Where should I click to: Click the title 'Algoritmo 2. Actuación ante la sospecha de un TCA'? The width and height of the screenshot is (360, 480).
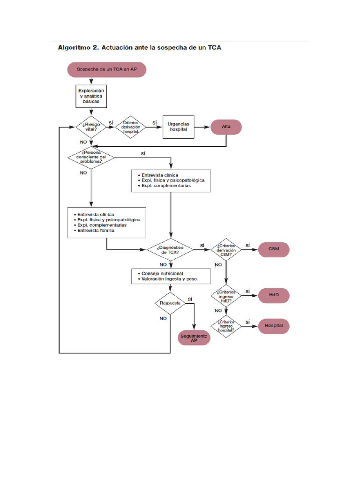tap(139, 47)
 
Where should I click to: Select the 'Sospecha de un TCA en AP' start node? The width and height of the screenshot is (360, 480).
tap(107, 70)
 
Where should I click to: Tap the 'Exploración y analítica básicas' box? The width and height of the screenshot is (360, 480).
tap(91, 95)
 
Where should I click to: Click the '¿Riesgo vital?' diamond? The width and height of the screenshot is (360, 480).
tap(92, 127)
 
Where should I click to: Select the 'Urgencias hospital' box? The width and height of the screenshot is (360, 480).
tap(178, 127)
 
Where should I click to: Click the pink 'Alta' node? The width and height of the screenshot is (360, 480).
tap(226, 127)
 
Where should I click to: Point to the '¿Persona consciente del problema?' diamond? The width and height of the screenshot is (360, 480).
tap(92, 157)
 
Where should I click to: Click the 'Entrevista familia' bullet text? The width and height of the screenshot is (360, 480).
tap(96, 231)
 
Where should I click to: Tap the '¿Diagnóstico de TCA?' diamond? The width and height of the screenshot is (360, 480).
tap(170, 249)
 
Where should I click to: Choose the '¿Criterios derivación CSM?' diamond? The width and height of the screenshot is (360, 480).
tap(226, 249)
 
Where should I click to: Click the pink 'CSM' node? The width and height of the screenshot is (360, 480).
tap(274, 249)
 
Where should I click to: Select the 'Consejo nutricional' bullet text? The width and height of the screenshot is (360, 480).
tap(160, 273)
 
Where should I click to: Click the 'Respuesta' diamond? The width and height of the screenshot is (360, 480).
tap(170, 303)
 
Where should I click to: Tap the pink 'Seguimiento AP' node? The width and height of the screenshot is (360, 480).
tap(194, 338)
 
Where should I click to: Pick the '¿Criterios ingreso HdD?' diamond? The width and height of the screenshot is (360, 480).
tap(226, 296)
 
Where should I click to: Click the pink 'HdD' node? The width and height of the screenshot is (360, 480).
tap(274, 296)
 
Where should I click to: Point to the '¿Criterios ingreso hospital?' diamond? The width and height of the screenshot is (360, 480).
tap(226, 326)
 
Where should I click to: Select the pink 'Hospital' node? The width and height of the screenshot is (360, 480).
tap(274, 325)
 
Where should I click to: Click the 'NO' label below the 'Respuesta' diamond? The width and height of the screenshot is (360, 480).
tap(163, 318)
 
